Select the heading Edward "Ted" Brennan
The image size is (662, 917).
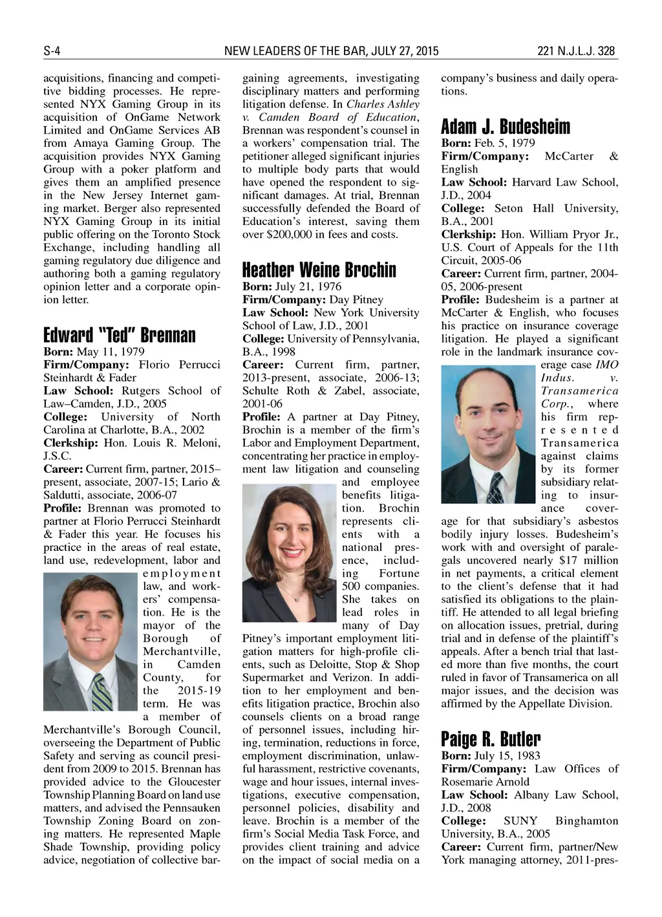coord(119,336)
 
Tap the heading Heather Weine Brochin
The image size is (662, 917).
coord(319,270)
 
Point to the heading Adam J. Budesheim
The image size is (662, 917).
coord(506,126)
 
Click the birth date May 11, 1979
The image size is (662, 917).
coord(110,352)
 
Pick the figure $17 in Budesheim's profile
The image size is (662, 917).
coord(569,560)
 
